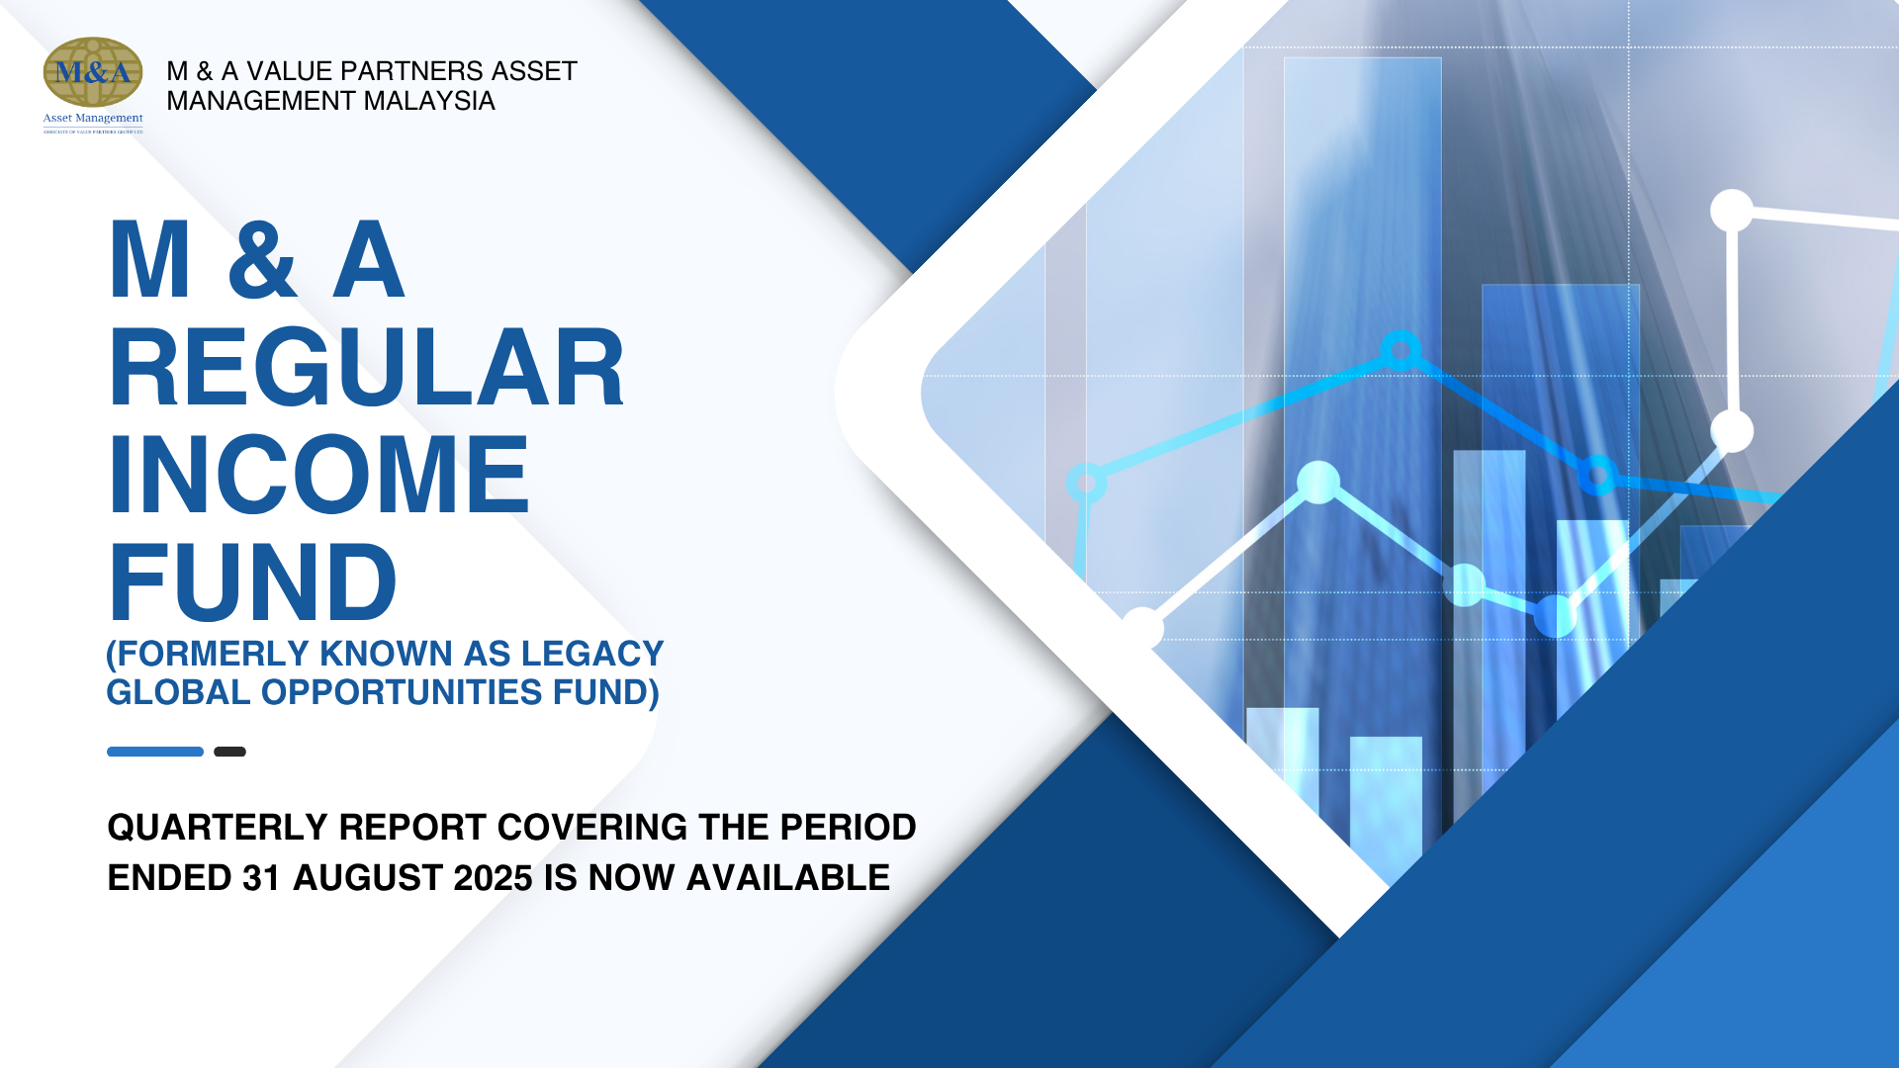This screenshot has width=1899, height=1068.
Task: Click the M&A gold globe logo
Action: pos(93,72)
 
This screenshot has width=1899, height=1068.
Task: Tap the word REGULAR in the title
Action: pos(366,368)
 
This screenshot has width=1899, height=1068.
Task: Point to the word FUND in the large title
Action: pos(252,582)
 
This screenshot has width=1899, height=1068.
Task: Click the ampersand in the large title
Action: pos(262,260)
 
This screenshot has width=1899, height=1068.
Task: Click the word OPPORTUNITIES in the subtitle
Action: pos(402,692)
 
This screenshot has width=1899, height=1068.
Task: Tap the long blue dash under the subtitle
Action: pos(155,752)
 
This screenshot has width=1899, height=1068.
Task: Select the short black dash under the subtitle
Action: pos(229,752)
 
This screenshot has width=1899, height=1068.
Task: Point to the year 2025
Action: pos(493,877)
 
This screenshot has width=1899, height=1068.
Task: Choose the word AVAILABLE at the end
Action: pos(788,877)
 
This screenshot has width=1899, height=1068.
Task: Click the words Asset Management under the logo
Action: pos(93,118)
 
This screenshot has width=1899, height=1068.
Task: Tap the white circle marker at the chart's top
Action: pos(1732,211)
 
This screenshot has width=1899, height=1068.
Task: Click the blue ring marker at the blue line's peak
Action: pos(1401,350)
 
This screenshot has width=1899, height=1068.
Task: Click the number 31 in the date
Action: pos(262,877)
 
